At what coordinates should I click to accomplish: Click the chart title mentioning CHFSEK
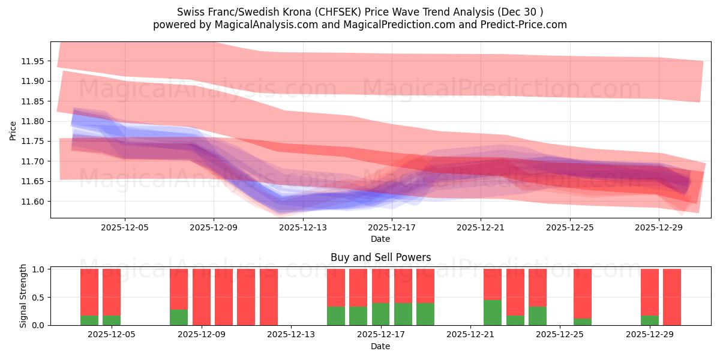coord(360,11)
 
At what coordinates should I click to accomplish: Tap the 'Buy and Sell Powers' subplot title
coord(380,257)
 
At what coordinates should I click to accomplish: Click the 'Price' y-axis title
coord(13,131)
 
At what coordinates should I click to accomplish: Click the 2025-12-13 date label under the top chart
coord(303,227)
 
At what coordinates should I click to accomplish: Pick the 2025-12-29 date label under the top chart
coord(659,227)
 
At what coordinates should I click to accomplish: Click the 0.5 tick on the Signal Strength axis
coord(38,298)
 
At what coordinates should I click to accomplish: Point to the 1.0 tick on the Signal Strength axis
coord(38,269)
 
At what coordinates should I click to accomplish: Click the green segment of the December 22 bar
coord(493,312)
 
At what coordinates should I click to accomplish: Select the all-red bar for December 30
coord(672,297)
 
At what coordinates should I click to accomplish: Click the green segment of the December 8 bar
coord(179,317)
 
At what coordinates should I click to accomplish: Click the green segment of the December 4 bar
coord(89,320)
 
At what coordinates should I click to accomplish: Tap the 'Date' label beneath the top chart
coord(380,239)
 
